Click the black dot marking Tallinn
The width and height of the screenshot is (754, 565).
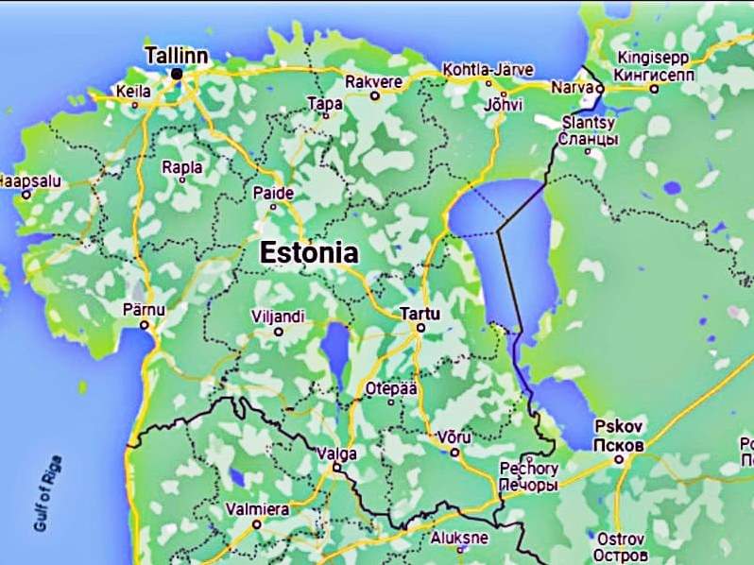[177, 73]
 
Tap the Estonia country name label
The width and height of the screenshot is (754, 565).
[309, 253]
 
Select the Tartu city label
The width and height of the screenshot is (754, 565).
[420, 312]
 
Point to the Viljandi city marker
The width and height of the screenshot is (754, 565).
[278, 332]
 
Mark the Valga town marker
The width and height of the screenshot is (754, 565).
[335, 467]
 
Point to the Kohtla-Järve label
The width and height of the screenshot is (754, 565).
[488, 70]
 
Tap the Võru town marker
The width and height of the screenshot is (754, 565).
[454, 452]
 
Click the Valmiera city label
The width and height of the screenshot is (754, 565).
[257, 509]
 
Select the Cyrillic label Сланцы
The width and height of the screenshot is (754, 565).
[589, 139]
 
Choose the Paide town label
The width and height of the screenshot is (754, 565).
[274, 194]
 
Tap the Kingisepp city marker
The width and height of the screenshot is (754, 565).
[654, 89]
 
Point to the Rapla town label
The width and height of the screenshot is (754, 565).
[182, 167]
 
